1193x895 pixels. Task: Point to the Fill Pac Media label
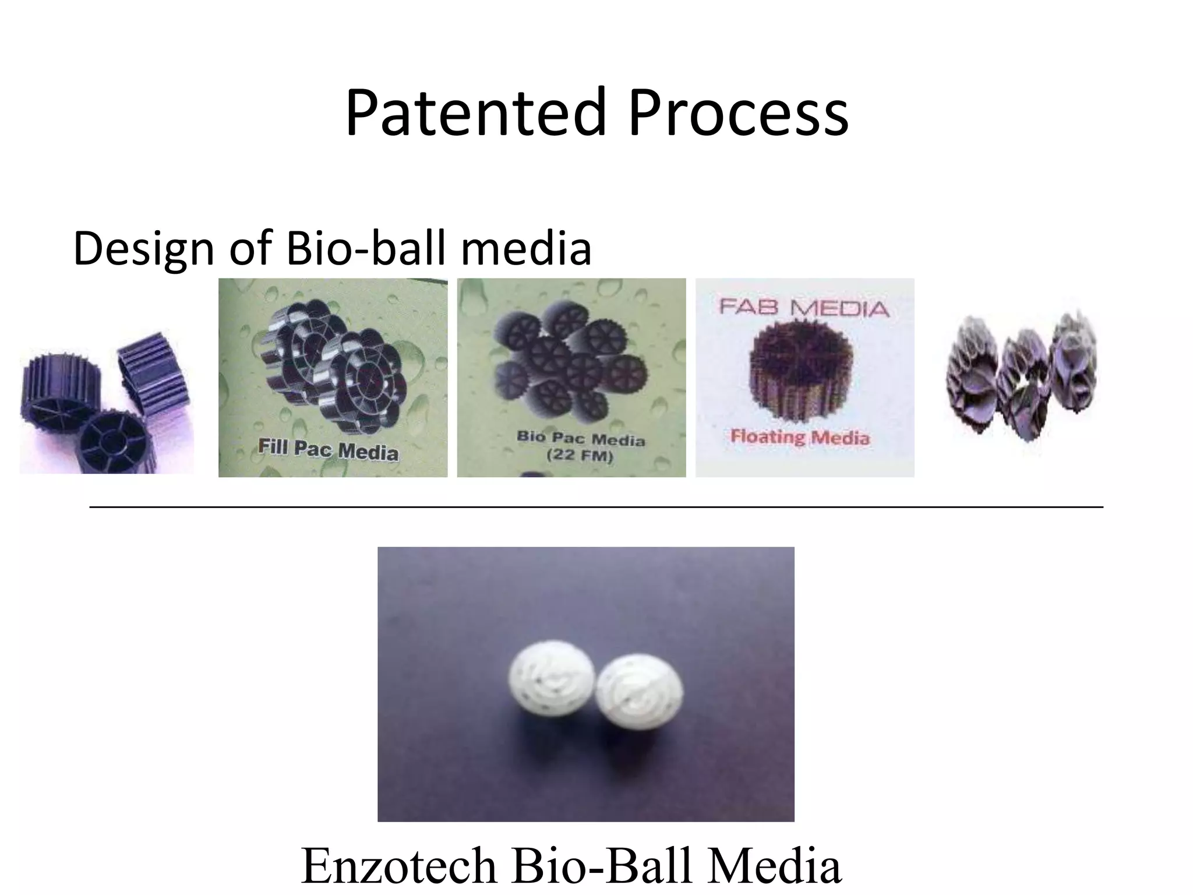coord(328,450)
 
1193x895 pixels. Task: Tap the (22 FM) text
coord(580,456)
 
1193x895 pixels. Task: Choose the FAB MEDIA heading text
coord(804,307)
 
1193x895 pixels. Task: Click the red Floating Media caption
coord(800,436)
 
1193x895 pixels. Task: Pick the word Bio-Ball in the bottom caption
coord(606,866)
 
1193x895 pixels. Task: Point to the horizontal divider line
coord(596,508)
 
